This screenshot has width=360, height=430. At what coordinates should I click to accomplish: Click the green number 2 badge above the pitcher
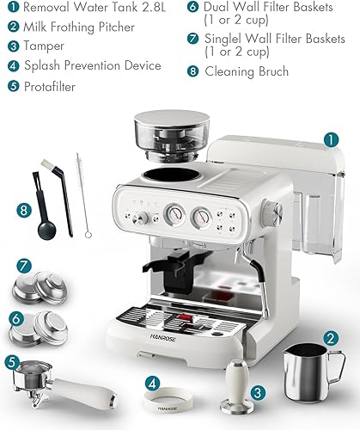click(331, 339)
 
